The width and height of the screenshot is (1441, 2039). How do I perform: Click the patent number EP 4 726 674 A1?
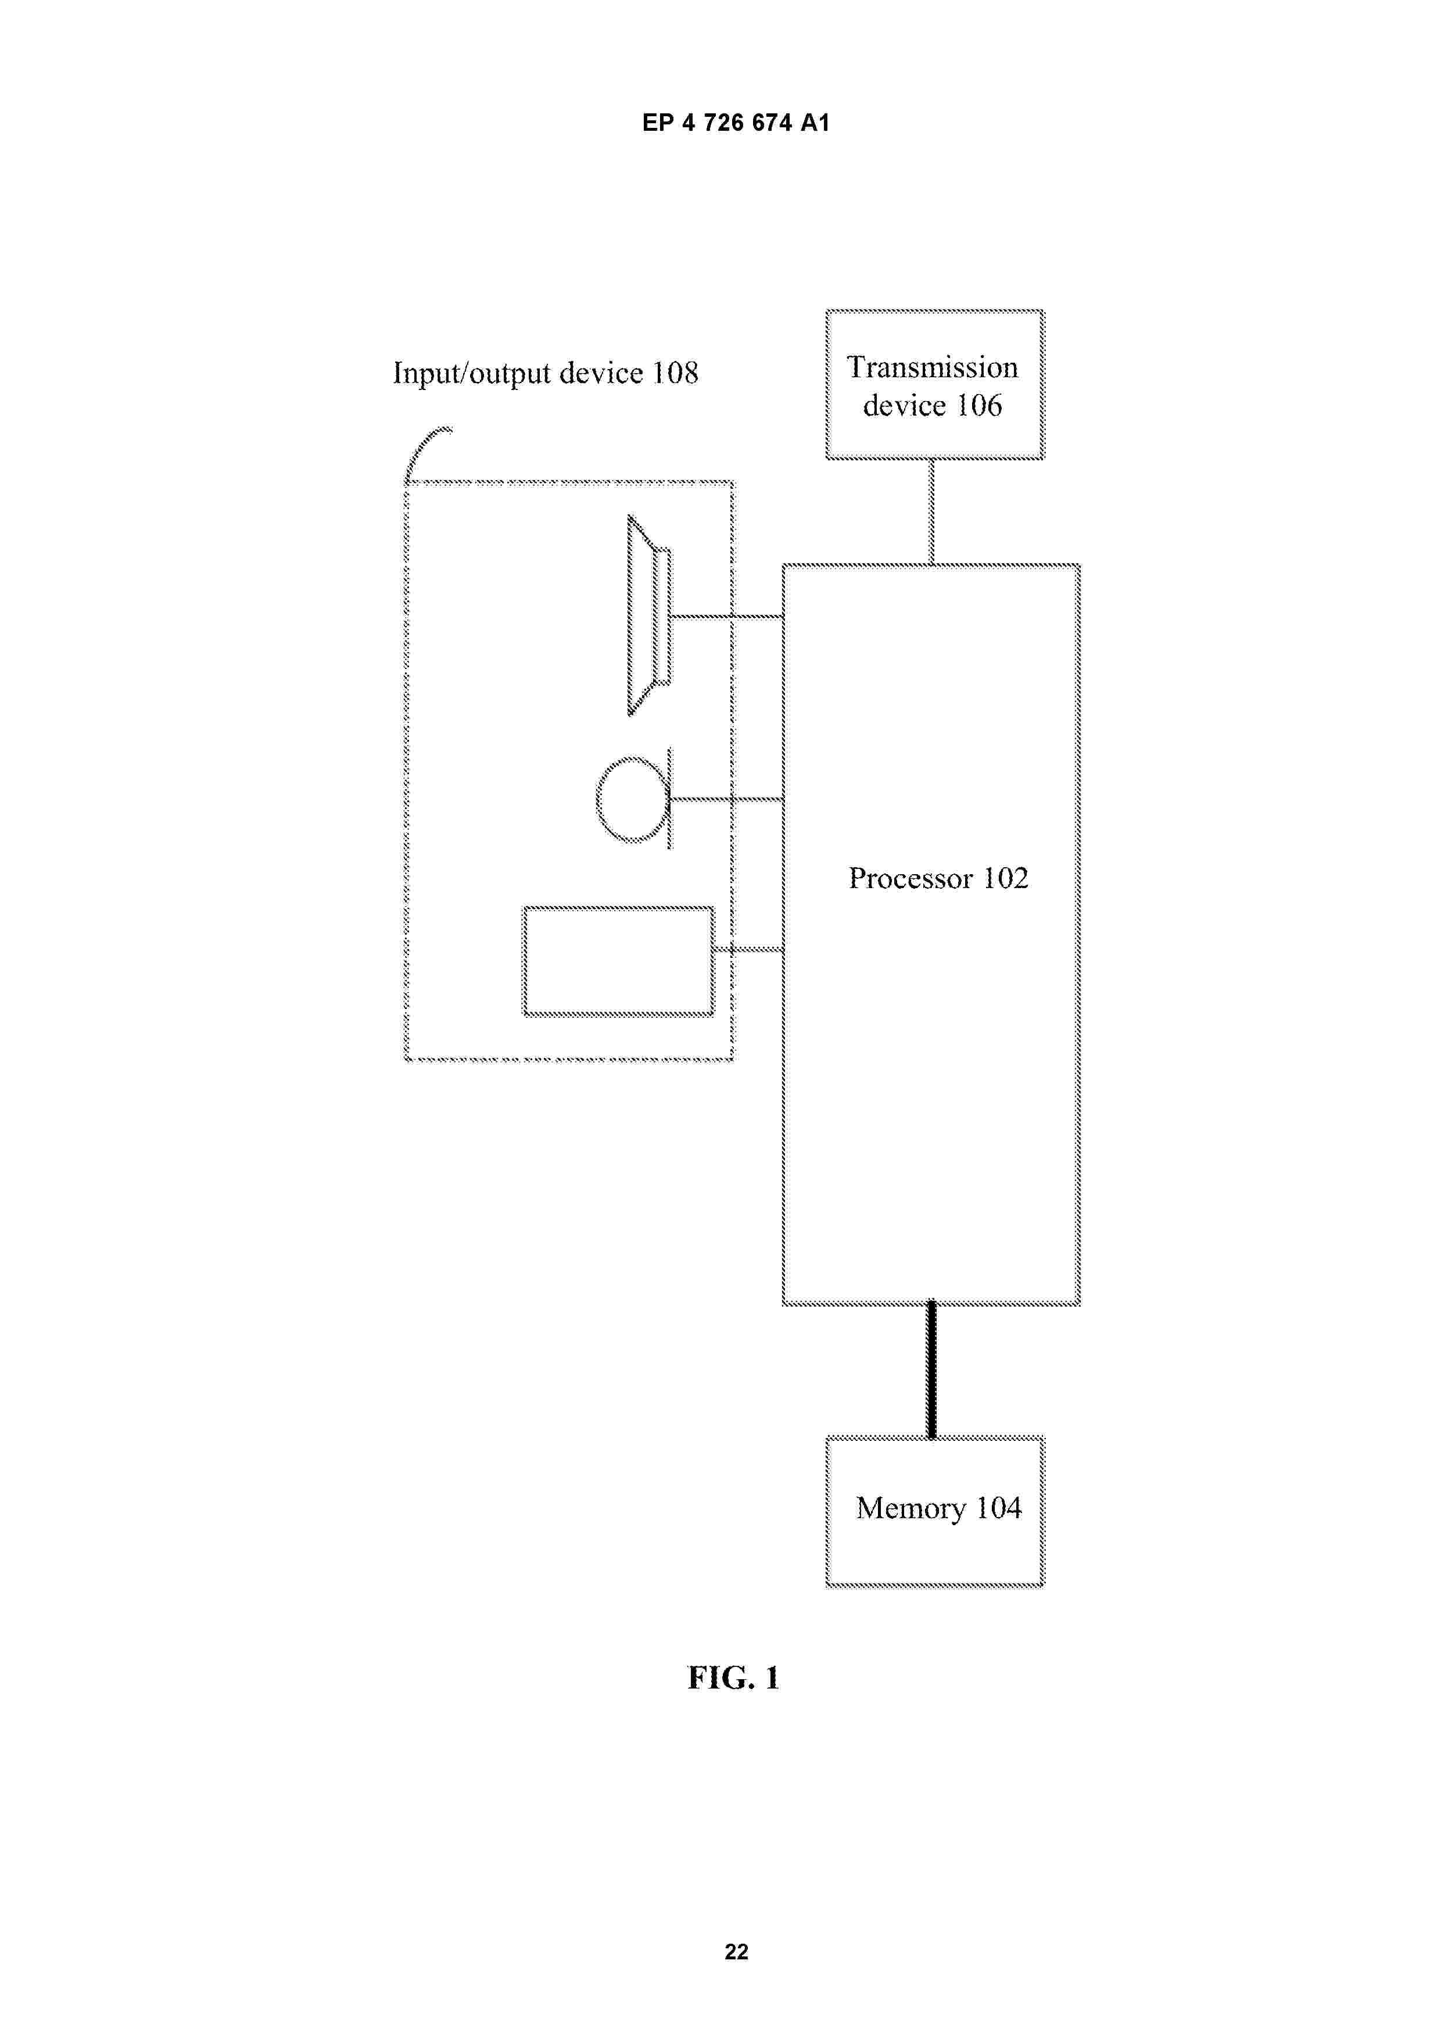coord(736,123)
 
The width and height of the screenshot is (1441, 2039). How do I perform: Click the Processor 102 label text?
coord(938,878)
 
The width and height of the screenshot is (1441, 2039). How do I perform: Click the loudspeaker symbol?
coord(649,616)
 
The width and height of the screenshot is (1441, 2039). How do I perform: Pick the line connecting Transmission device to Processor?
coord(931,511)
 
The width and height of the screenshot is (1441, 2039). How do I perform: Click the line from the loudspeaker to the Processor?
coord(727,616)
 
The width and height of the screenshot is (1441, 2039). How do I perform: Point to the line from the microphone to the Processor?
coord(727,799)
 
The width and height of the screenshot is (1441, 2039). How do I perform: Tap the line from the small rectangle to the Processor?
coord(748,950)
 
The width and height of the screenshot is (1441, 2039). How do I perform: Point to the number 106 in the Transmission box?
coord(978,406)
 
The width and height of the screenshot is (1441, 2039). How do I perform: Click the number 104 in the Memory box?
coord(999,1508)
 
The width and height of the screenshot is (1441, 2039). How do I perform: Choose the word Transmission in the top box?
coord(932,368)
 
